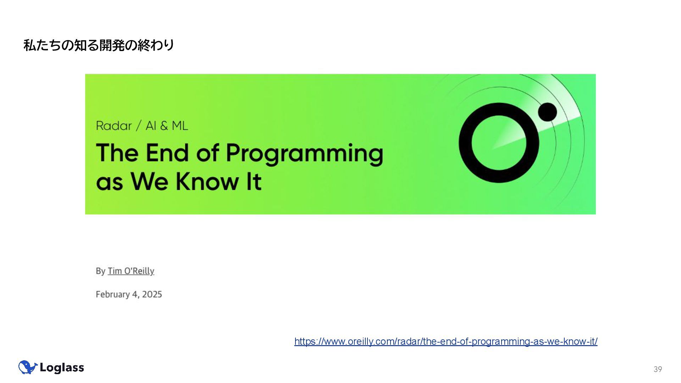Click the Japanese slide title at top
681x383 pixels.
tap(99, 45)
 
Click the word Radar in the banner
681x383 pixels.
tap(114, 126)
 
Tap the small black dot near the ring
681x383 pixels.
tap(547, 112)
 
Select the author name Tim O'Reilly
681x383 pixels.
tap(131, 271)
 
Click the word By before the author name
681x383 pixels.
tap(100, 271)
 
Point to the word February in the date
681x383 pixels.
tap(112, 295)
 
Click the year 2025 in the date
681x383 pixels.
tap(152, 294)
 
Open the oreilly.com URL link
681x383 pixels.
tap(446, 342)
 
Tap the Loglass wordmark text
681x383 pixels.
tap(62, 368)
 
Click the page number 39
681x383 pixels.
tap(658, 369)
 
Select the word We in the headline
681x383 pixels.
tap(149, 181)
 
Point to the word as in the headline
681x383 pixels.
tap(109, 183)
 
